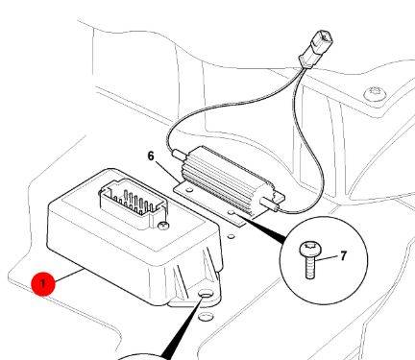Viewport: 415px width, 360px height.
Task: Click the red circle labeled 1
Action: coord(43,284)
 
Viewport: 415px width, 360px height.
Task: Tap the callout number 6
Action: coord(151,156)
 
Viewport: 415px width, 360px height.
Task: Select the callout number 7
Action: coord(343,255)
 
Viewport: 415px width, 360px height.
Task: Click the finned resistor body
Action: coord(229,178)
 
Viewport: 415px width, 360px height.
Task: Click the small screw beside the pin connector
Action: coord(163,226)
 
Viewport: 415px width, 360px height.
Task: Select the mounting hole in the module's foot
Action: coord(206,295)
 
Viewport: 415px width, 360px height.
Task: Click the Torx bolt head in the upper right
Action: coord(376,94)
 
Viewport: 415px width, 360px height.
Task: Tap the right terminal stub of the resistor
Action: coord(270,204)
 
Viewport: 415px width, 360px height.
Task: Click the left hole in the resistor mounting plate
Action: coord(189,190)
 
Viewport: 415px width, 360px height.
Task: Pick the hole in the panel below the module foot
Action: coord(206,317)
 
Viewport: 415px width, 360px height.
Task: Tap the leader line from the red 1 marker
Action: coord(69,276)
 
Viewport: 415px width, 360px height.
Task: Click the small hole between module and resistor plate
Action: coord(231,237)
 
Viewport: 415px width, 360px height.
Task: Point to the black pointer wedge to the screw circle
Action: coord(262,228)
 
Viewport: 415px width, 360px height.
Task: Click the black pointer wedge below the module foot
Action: coord(183,325)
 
